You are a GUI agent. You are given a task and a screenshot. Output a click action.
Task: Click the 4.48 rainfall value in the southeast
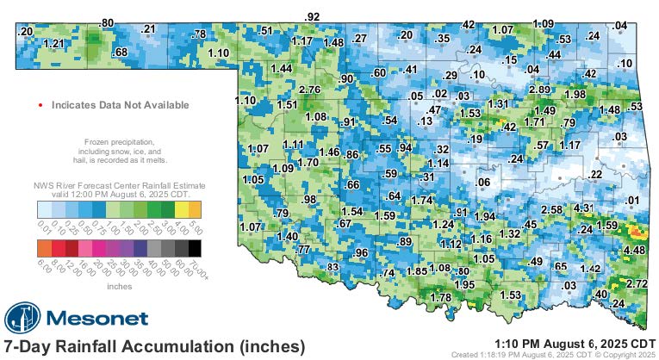pos(634,251)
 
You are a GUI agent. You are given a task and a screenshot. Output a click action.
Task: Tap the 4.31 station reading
pos(584,208)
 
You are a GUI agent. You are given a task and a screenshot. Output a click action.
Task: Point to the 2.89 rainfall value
pos(539,90)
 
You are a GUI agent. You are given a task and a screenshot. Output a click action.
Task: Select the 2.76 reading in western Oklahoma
pos(308,90)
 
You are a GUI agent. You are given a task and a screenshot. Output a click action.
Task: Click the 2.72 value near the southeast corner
pos(637,283)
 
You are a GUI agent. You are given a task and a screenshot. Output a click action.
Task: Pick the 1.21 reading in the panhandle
pos(53,43)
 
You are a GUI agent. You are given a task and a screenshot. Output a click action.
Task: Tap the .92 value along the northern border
pos(313,16)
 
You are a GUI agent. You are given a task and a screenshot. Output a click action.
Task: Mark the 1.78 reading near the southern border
pos(440,297)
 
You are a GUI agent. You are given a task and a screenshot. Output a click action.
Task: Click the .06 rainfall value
pos(483,182)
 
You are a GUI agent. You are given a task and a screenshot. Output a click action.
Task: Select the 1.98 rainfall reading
pos(575,94)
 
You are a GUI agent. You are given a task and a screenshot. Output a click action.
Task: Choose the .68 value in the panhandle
pos(121,53)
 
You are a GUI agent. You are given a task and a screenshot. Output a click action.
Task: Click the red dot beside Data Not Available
pos(40,105)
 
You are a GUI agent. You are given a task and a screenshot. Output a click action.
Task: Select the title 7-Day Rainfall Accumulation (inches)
pos(155,346)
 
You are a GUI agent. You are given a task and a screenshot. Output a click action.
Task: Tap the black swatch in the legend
pos(196,248)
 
